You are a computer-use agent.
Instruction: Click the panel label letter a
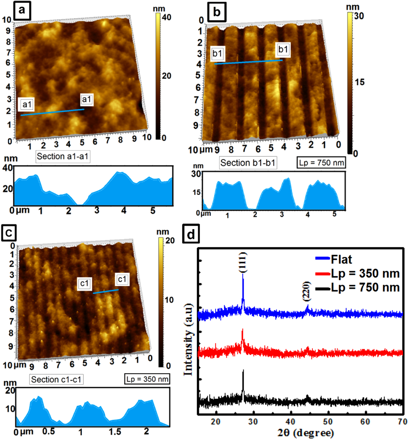(x=22, y=10)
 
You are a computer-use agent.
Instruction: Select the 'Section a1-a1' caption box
(x=63, y=157)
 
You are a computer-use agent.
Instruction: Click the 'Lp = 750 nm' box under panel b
(x=321, y=163)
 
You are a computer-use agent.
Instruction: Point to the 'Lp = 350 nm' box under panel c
(x=147, y=379)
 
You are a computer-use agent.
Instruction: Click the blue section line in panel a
(x=52, y=112)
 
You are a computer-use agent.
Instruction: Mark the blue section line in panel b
(x=248, y=62)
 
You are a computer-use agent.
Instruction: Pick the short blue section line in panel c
(x=106, y=292)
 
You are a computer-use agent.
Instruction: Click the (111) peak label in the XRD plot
(x=243, y=262)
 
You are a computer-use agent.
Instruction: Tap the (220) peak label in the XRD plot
(x=307, y=291)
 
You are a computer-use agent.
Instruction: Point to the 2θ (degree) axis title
(x=305, y=433)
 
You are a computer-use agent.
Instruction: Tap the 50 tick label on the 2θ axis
(x=328, y=422)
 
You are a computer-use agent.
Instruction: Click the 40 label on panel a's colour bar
(x=166, y=17)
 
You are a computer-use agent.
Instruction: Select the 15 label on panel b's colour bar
(x=360, y=82)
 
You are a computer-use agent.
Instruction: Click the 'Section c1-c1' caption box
(x=56, y=379)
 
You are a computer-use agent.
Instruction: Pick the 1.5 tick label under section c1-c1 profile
(x=115, y=431)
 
